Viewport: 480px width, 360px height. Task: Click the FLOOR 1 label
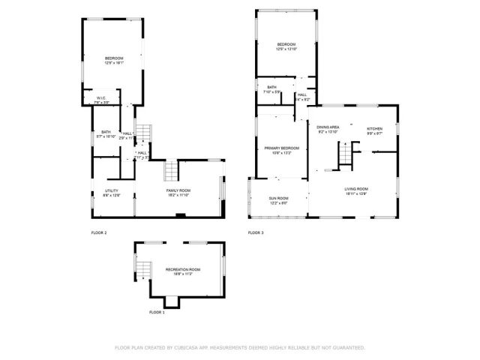tap(157, 312)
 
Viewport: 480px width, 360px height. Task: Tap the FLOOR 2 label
tap(99, 233)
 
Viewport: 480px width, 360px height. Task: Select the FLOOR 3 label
tap(256, 233)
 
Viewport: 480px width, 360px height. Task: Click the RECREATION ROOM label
tap(162, 268)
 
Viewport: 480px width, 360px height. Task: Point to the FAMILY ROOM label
tap(178, 191)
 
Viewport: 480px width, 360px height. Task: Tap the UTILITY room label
tap(111, 191)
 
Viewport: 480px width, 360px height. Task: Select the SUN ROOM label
tap(278, 199)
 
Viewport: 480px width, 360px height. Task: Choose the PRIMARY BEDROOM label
tap(281, 148)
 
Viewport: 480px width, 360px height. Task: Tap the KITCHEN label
tap(374, 128)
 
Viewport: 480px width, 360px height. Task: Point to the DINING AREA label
tap(328, 127)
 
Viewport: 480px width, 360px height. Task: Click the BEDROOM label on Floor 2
tap(114, 58)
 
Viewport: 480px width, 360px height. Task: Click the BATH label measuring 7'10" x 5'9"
tap(271, 87)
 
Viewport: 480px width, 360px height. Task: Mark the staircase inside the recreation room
tap(142, 268)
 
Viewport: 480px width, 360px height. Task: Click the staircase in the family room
tap(172, 171)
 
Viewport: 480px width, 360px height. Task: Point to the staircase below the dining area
tap(346, 155)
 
